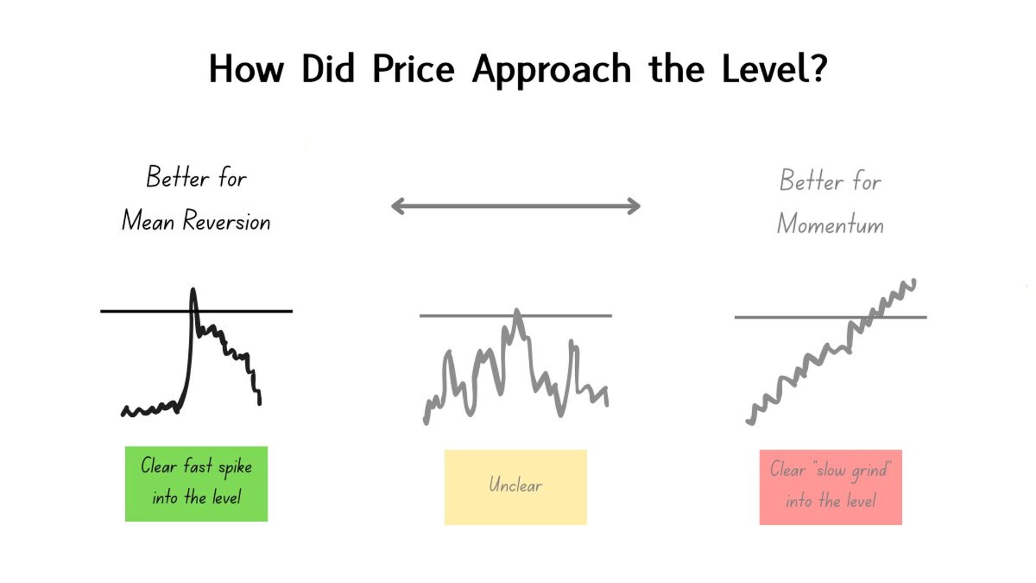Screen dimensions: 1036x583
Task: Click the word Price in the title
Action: (413, 69)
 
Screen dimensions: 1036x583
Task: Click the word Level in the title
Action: (766, 69)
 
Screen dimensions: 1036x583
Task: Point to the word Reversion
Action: (227, 221)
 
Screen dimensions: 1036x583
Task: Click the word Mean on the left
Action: (148, 221)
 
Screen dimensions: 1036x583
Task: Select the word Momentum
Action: (830, 223)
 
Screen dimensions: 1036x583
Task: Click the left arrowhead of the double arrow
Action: (398, 206)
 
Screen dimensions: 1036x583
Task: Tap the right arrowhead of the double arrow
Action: (633, 206)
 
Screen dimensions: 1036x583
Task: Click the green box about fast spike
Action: (196, 484)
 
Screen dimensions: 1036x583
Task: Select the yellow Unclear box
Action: (516, 487)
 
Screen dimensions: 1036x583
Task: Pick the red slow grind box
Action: (831, 487)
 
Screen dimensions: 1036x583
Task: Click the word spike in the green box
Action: (235, 467)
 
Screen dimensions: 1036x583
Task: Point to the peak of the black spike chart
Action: (193, 290)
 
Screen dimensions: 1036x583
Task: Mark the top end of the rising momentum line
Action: (913, 281)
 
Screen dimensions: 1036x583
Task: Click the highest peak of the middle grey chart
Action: (517, 311)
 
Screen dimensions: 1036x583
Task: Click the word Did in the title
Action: (328, 69)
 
